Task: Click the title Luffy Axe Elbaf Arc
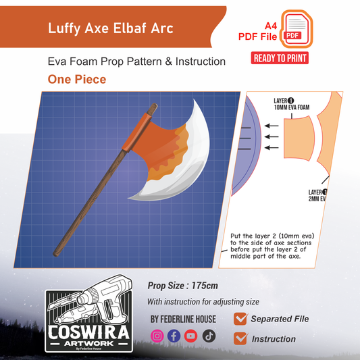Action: tap(110, 28)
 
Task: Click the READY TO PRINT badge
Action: tap(280, 58)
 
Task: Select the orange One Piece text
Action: tap(76, 79)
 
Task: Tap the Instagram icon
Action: tap(157, 336)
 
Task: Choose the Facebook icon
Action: tap(174, 336)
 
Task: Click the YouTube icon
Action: tap(191, 336)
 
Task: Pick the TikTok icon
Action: tap(209, 336)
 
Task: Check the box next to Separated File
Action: tap(240, 319)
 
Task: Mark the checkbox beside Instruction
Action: tap(240, 338)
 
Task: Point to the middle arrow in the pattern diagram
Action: tap(272, 136)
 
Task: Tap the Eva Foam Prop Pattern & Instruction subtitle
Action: tap(136, 61)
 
